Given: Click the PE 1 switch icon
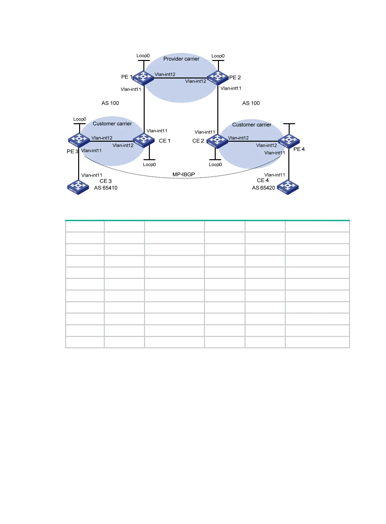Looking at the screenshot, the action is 143,78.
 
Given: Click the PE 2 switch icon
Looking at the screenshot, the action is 218,78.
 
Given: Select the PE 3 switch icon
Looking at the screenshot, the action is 79,140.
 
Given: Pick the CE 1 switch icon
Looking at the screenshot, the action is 144,140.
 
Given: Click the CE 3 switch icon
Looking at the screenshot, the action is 78,187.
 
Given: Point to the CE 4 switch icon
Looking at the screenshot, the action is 288,187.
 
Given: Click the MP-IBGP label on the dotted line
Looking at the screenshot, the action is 184,174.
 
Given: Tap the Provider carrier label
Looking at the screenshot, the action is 181,59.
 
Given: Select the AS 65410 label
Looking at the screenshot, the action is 106,188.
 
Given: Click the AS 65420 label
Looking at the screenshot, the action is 263,188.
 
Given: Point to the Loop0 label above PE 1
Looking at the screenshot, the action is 143,56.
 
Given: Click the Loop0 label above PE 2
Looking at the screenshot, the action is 218,56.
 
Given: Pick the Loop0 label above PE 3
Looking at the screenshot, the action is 79,119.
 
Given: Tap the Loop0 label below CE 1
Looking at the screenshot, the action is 149,164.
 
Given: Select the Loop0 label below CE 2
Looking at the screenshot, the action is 215,164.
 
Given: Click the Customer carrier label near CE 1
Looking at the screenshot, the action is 112,124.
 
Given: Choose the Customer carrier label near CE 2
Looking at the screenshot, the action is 252,125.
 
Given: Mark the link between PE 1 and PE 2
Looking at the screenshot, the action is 180,78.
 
